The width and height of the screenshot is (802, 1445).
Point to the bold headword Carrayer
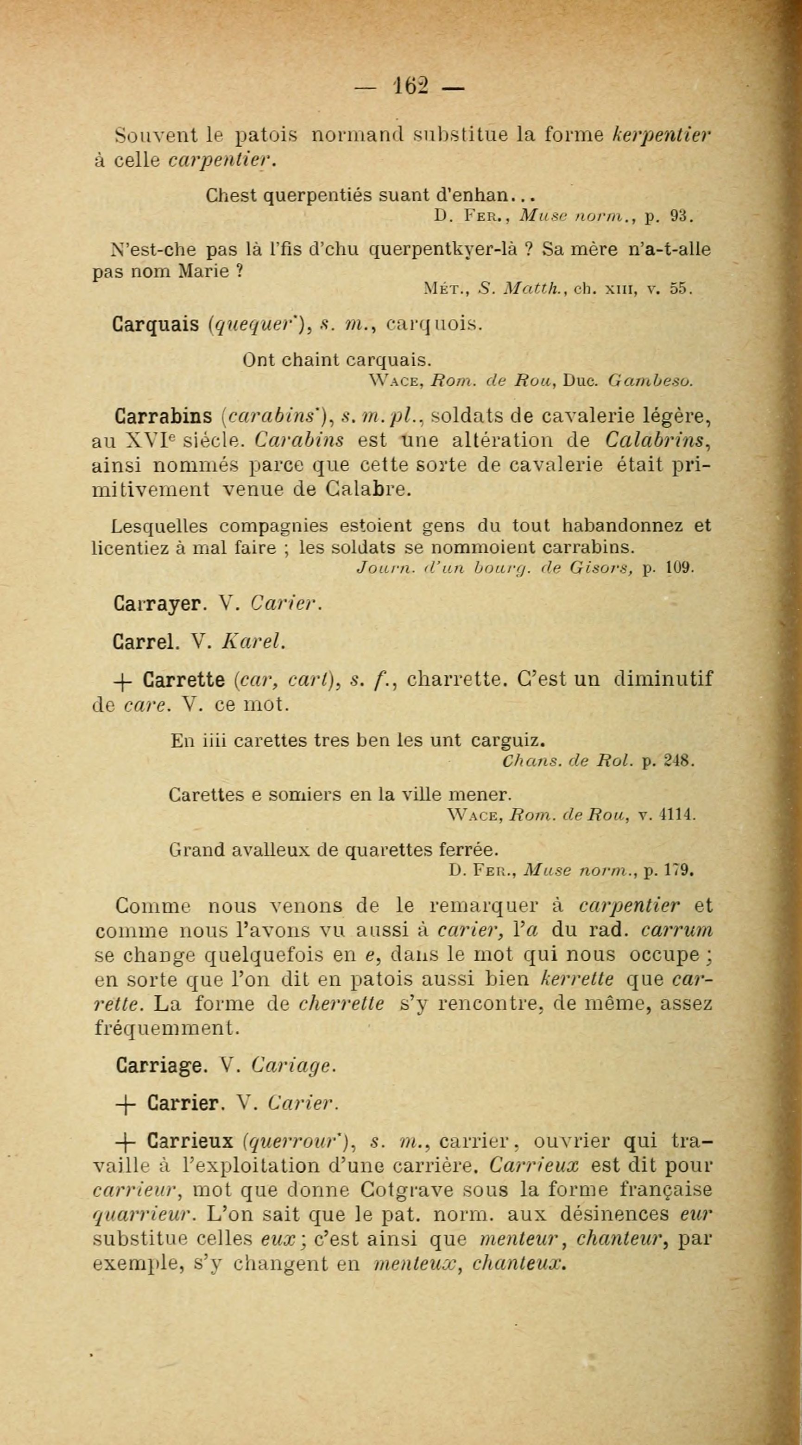pyautogui.click(x=157, y=604)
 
